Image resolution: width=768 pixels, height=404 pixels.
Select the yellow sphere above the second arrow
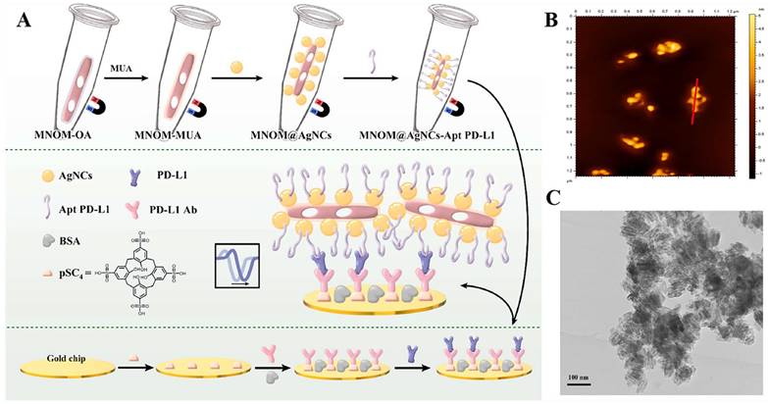235,65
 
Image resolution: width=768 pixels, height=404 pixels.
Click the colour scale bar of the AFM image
748,99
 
